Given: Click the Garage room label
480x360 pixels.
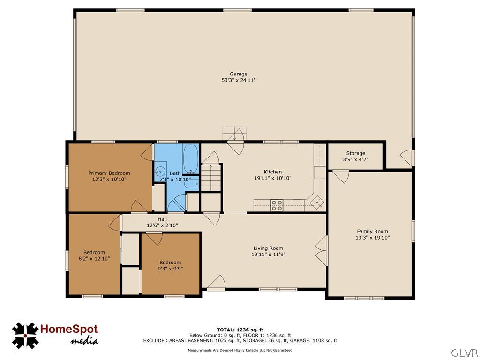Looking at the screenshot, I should click(x=238, y=74).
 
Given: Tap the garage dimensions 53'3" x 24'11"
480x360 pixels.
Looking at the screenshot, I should click(x=238, y=80).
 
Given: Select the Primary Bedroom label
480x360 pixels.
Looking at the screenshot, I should click(x=109, y=173).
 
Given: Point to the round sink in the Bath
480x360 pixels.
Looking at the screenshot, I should click(x=160, y=171).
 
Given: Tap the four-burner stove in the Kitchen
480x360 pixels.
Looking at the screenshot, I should click(x=277, y=205).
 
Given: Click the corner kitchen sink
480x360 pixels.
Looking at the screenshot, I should click(x=317, y=202).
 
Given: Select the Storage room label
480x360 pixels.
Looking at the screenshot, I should click(x=356, y=153).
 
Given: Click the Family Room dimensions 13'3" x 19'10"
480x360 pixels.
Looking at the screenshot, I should click(x=372, y=238).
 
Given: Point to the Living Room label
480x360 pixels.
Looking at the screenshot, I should click(x=268, y=248).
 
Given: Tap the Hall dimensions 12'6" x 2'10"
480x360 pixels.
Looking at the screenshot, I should click(x=162, y=225).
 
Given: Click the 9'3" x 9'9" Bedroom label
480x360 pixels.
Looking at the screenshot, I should click(x=170, y=262).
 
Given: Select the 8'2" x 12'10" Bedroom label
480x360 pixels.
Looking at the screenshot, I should click(x=94, y=252).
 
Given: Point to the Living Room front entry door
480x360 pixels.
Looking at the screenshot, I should click(x=217, y=283).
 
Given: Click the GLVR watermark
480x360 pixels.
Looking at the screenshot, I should click(x=465, y=352).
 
